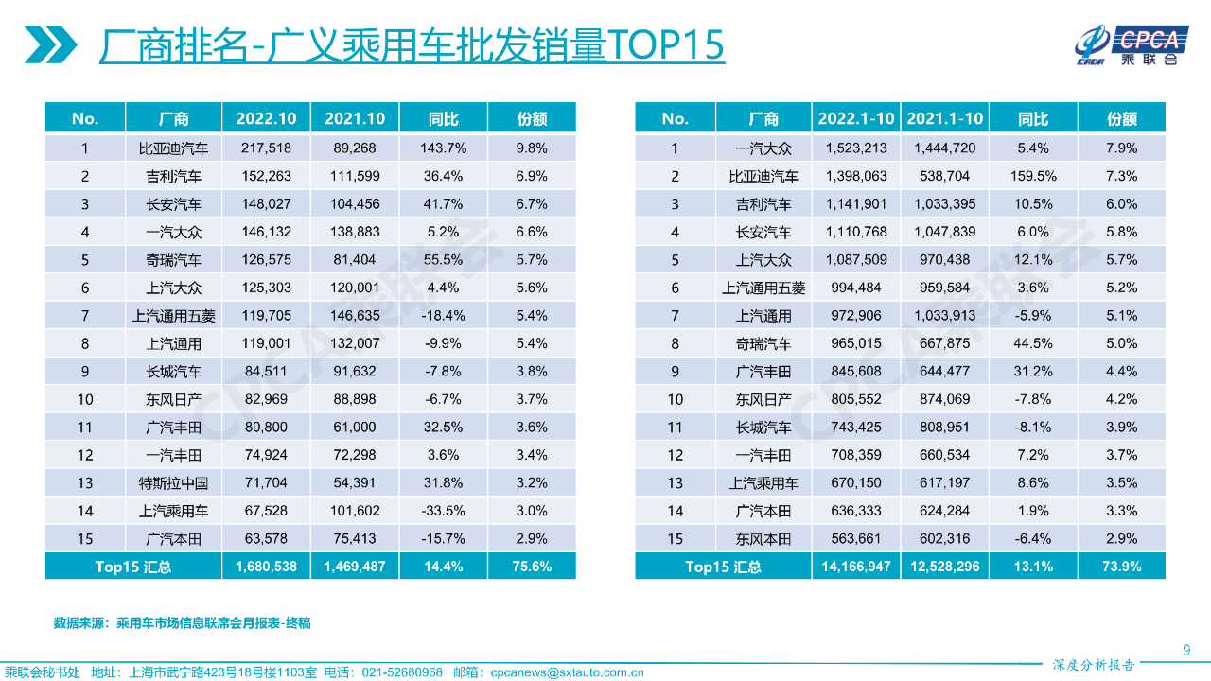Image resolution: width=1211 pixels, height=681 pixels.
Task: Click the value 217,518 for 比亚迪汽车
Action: (266, 148)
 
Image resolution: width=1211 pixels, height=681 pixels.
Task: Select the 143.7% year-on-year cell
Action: (443, 148)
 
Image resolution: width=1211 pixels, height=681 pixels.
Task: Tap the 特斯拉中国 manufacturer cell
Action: (173, 482)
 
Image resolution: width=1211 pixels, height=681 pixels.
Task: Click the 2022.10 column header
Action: (266, 118)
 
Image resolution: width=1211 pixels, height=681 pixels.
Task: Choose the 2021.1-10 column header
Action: (944, 118)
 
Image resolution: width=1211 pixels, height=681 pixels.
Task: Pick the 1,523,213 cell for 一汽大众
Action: (855, 148)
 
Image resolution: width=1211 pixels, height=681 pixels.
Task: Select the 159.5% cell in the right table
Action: (1033, 176)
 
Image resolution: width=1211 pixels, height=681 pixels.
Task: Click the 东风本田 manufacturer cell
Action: (763, 539)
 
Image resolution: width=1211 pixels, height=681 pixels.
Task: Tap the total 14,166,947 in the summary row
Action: (855, 567)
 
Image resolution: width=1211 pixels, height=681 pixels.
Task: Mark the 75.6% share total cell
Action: (532, 567)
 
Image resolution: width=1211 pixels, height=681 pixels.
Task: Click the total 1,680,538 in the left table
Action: (266, 567)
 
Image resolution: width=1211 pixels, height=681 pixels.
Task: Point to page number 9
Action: (1186, 649)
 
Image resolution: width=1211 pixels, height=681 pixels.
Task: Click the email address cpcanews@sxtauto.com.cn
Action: (567, 672)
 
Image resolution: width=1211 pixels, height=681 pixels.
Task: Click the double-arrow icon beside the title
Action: (50, 44)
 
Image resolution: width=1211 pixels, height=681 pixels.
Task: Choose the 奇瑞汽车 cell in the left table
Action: (173, 259)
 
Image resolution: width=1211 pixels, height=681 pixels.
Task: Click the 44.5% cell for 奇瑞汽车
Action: (1033, 343)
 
